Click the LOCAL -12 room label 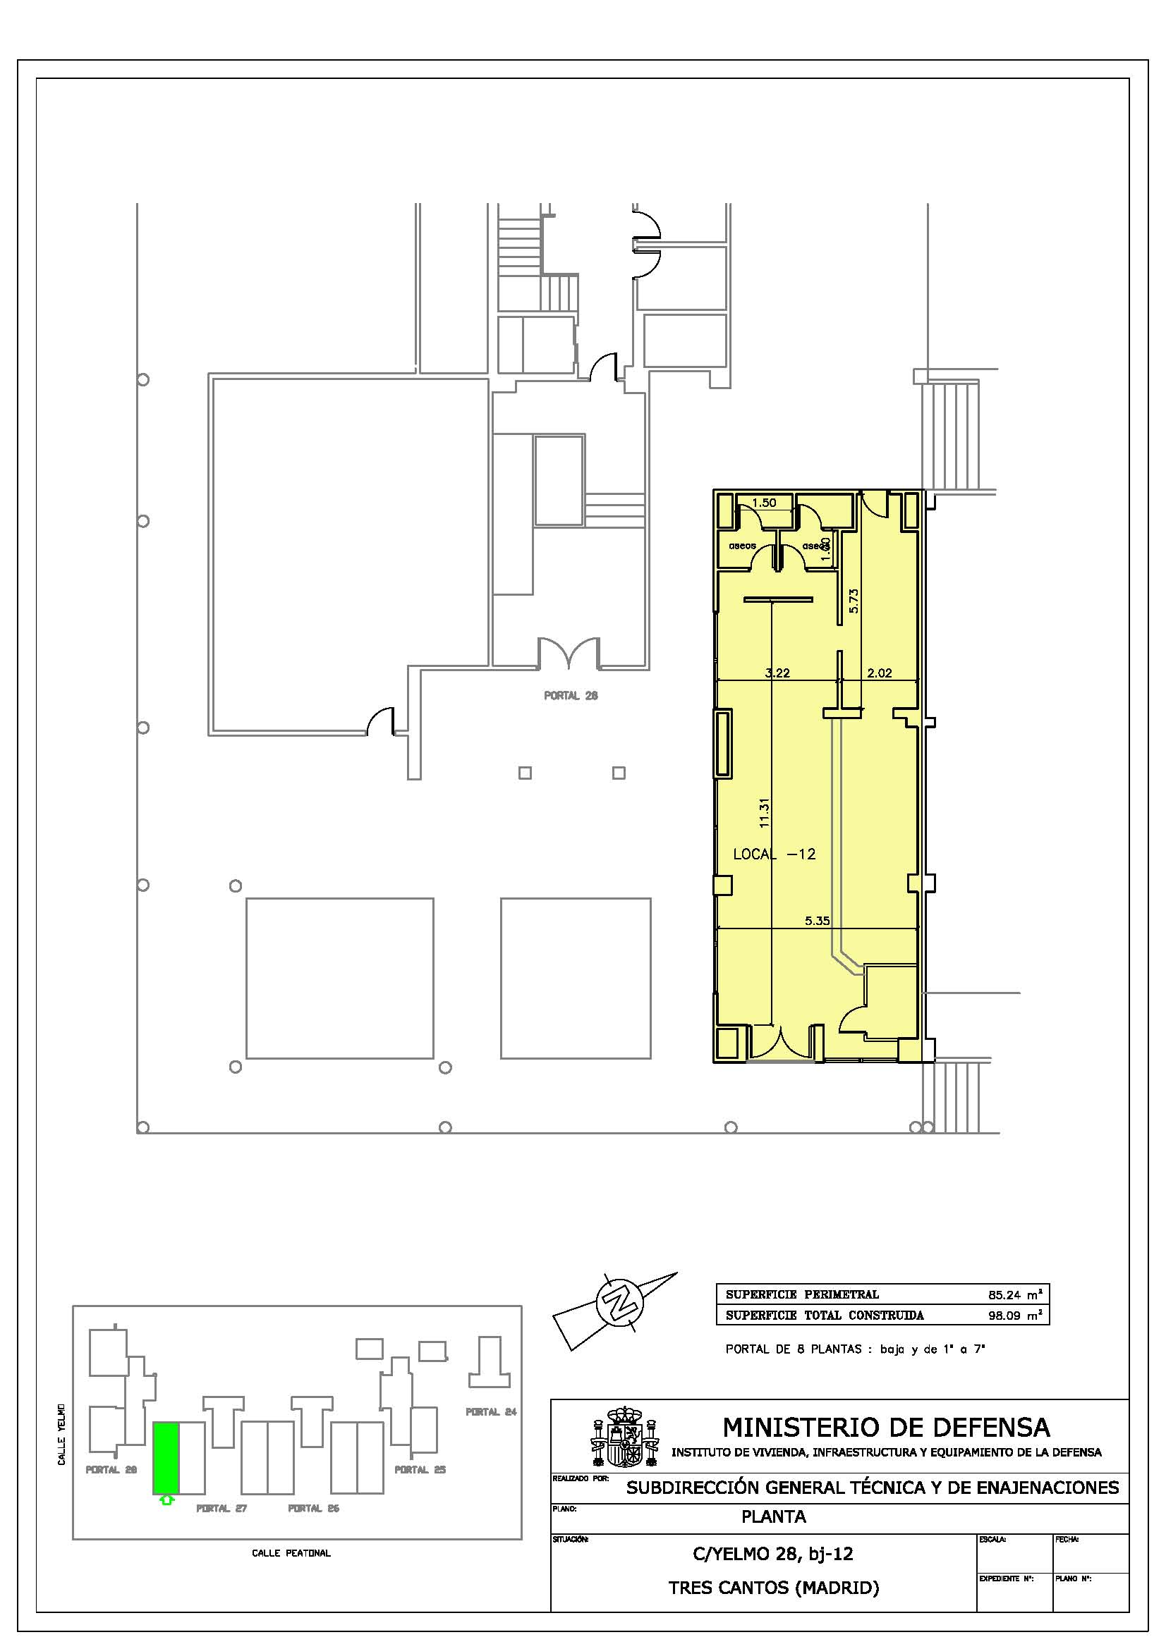point(774,854)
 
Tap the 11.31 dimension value point(764,814)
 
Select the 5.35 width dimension point(817,920)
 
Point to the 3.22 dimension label point(777,673)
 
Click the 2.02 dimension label point(880,673)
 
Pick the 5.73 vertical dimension point(854,601)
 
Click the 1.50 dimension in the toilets point(764,503)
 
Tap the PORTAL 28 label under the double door point(571,695)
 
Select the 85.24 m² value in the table point(1014,1295)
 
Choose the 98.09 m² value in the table point(1014,1316)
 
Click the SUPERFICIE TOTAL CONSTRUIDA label point(824,1316)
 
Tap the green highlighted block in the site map point(166,1457)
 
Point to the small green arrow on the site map point(166,1500)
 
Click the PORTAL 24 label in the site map point(491,1412)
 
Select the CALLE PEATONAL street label point(291,1552)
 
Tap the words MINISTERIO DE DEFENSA point(886,1427)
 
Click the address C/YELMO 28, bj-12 point(772,1554)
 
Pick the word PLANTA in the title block point(773,1516)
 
